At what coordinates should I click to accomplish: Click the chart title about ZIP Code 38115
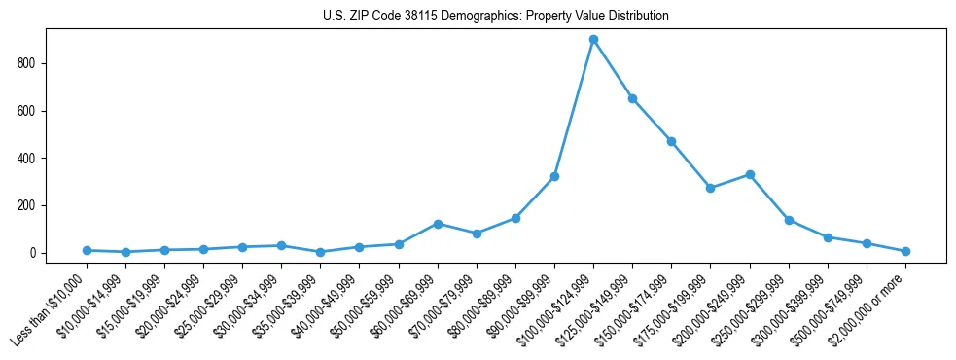click(x=495, y=17)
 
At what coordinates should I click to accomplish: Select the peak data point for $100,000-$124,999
click(x=593, y=40)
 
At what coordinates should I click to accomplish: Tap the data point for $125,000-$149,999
click(x=632, y=98)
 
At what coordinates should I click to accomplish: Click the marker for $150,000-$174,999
click(x=671, y=141)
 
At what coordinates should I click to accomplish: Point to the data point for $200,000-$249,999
click(x=750, y=175)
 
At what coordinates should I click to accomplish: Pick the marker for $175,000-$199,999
click(x=710, y=188)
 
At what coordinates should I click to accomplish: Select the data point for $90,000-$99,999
click(x=554, y=176)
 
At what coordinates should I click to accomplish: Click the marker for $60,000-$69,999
click(x=438, y=224)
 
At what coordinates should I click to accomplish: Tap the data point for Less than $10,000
click(x=87, y=250)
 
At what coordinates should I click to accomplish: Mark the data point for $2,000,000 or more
click(x=905, y=251)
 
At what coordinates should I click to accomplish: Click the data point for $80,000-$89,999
click(x=515, y=218)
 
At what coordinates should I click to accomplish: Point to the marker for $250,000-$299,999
click(x=789, y=220)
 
